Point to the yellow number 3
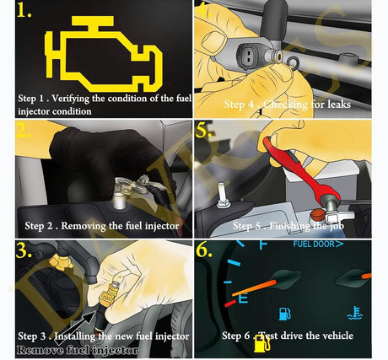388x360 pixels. [24, 250]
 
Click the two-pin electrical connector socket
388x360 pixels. [249, 55]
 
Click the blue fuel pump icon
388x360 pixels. [284, 314]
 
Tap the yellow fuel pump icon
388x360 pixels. [261, 343]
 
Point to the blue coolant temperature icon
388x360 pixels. [355, 313]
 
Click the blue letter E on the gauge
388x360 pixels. [244, 298]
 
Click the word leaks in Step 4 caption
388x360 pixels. [339, 105]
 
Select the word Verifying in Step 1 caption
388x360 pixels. [71, 99]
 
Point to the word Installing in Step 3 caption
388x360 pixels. [75, 336]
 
